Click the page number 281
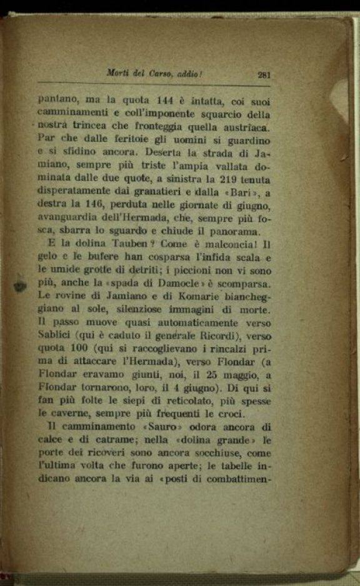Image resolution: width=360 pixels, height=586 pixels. (x=263, y=74)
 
